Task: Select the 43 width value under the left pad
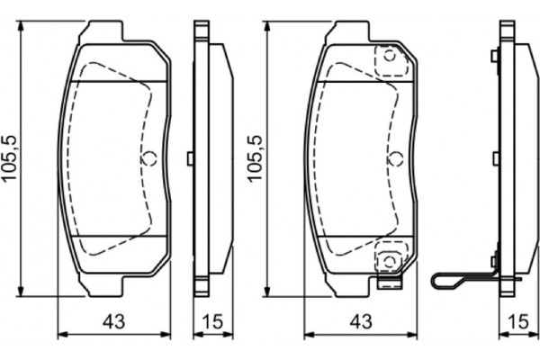(x=113, y=320)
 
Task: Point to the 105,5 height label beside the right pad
(x=256, y=157)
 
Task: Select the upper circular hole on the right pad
(x=389, y=57)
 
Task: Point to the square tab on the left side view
(x=189, y=158)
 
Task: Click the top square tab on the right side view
(x=494, y=58)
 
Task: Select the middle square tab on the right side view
(x=494, y=158)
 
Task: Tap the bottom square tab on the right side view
(x=494, y=260)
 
